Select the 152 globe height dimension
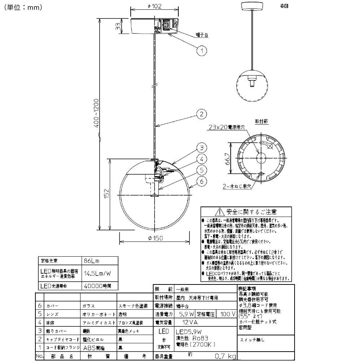coord(105,193)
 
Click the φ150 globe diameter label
coord(155,238)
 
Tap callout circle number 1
coord(202,51)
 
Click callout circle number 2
coord(201,114)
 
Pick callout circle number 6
coord(201,181)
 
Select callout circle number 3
coord(201,148)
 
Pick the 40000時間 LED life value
coord(96,286)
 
